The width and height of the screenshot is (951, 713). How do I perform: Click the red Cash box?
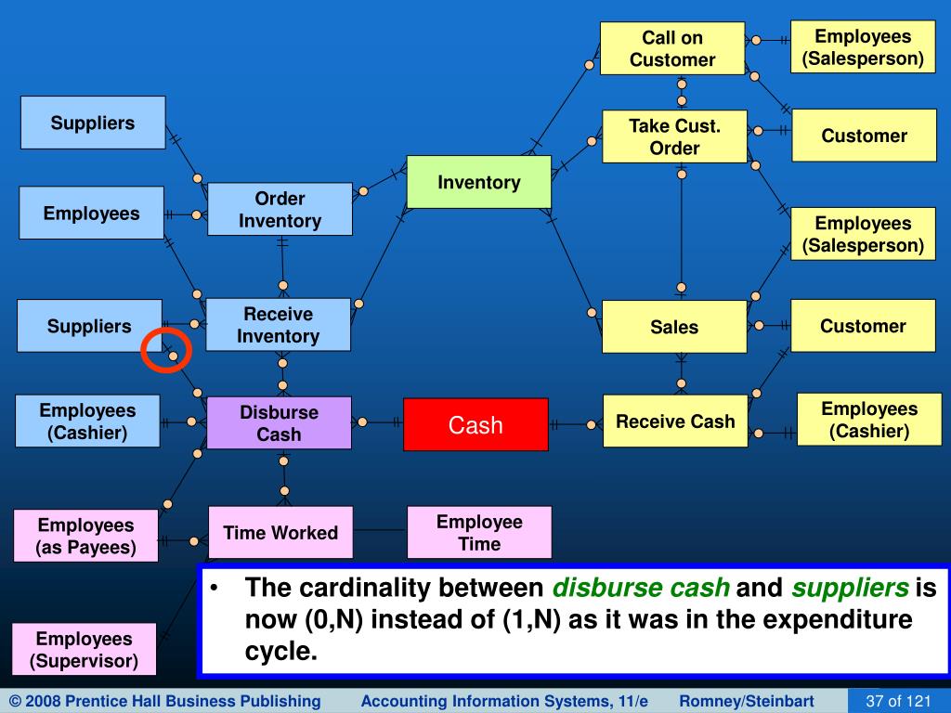tap(475, 424)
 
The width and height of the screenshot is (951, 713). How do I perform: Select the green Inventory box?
tap(479, 182)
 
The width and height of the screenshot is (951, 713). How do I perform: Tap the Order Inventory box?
tap(280, 209)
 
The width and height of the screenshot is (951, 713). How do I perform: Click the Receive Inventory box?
tap(278, 324)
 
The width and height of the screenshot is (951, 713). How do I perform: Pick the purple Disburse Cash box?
tap(279, 422)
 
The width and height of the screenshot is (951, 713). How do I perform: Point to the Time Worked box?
tap(280, 532)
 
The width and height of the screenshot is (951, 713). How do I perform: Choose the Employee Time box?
tap(479, 532)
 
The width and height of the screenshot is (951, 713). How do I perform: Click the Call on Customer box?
tap(672, 48)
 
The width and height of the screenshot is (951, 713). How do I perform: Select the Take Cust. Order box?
tap(674, 136)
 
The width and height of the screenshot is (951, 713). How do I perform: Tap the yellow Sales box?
tap(674, 327)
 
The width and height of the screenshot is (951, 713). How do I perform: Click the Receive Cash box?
tap(675, 421)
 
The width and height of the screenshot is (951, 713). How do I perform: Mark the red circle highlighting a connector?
tap(166, 350)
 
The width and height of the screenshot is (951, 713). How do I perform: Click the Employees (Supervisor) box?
tap(84, 649)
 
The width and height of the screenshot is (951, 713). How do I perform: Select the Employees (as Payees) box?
tap(85, 536)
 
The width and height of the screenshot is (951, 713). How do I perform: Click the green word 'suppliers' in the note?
tap(850, 588)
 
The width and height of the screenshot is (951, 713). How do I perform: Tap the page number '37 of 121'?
tap(898, 701)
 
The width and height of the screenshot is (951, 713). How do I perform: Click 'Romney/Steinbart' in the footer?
tap(747, 701)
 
